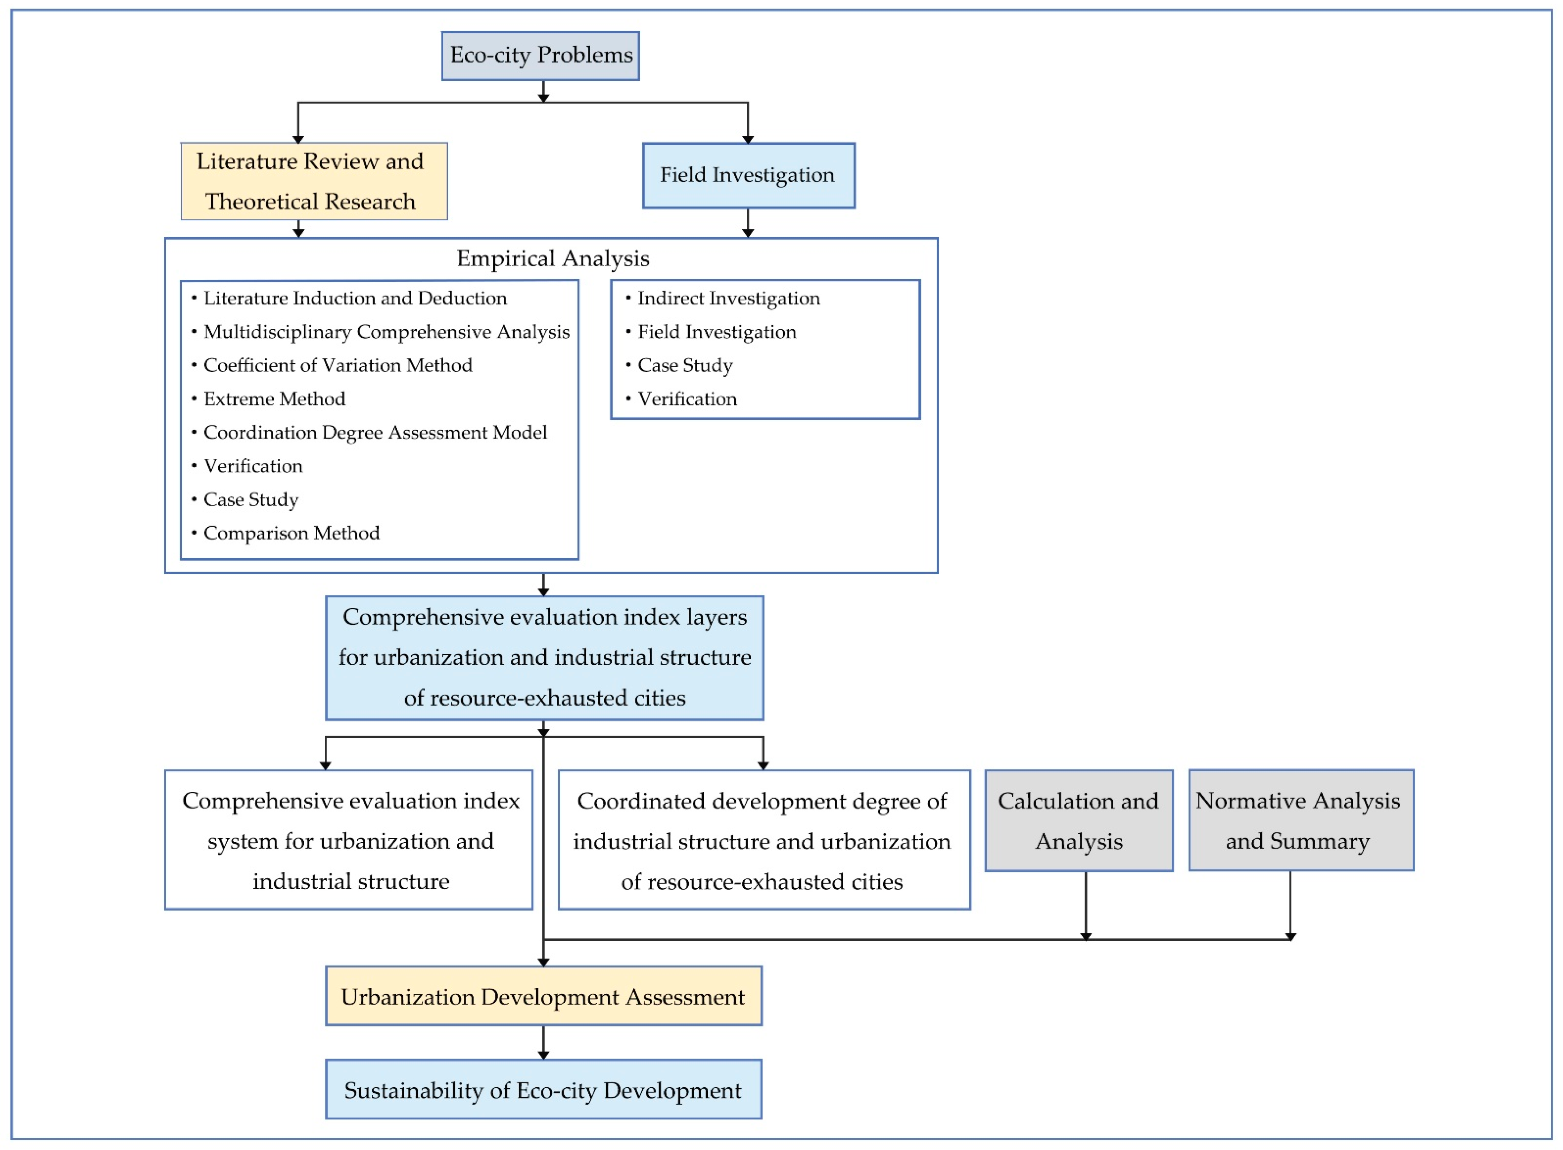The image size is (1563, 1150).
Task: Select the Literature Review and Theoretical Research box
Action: click(x=314, y=181)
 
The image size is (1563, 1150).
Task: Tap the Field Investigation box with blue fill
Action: click(x=748, y=175)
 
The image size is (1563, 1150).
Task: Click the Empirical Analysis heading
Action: click(x=552, y=258)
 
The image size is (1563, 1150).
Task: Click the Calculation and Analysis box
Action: click(x=1079, y=820)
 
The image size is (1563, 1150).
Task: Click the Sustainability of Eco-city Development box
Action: click(x=544, y=1089)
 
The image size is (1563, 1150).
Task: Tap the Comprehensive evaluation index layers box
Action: click(x=544, y=658)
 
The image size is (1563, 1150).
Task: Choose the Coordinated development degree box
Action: click(x=764, y=840)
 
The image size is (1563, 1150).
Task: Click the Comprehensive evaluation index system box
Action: click(x=349, y=840)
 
